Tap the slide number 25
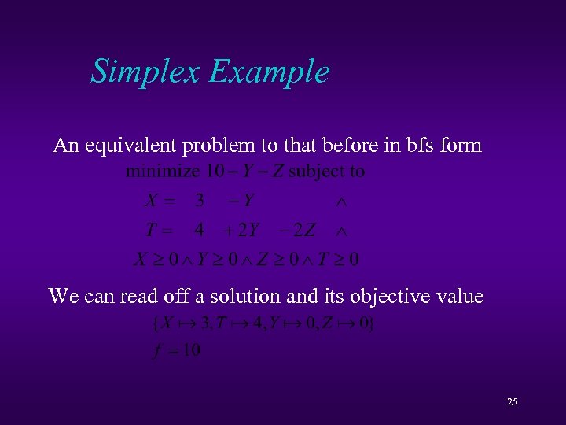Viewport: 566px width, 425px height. click(x=513, y=402)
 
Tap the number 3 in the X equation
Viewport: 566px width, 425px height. click(x=200, y=201)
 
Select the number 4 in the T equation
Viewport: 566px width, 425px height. click(x=200, y=231)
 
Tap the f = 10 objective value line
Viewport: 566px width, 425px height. click(x=174, y=349)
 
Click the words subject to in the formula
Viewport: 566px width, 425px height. click(x=326, y=171)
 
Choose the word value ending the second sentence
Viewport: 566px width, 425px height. click(x=459, y=296)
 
